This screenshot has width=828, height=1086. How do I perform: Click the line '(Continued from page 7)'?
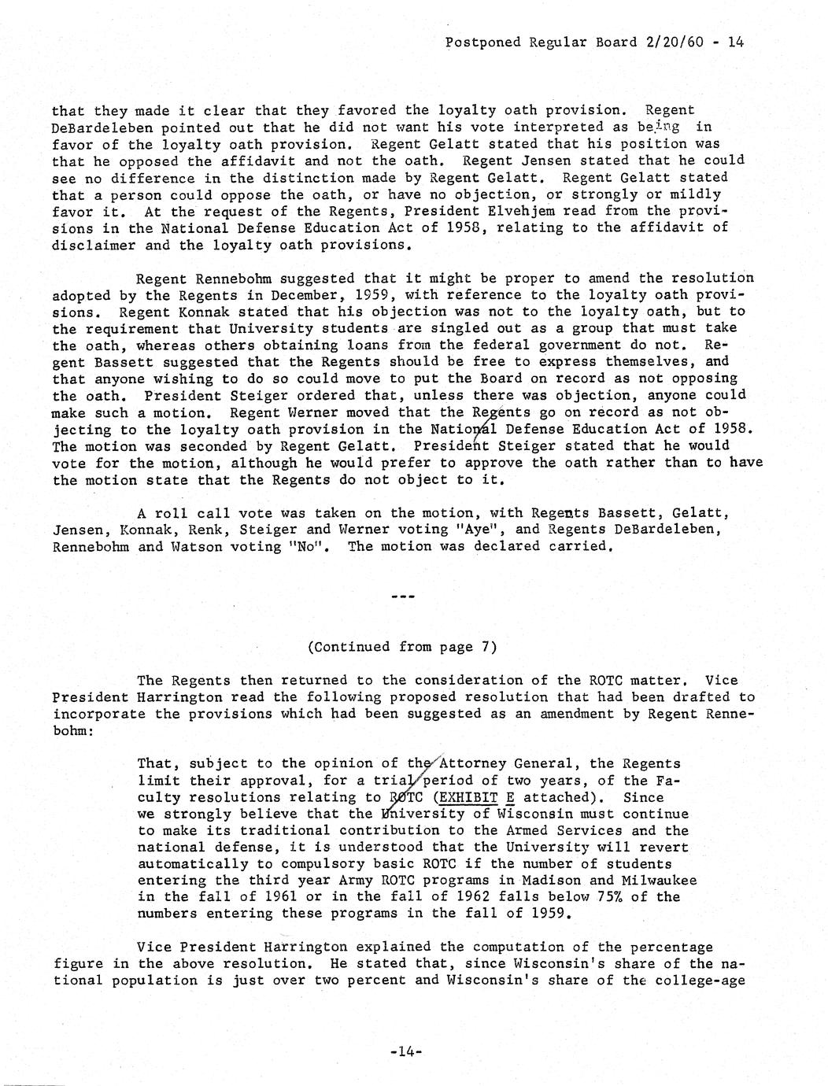coord(401,647)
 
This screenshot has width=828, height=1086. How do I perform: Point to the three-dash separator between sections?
coord(402,597)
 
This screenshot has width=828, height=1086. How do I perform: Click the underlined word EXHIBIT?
coord(467,797)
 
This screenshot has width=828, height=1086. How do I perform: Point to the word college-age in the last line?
coord(703,981)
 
